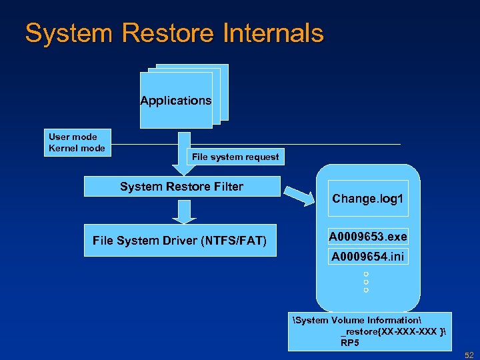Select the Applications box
coord(176,101)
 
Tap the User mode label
coord(73,137)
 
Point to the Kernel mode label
coord(77,148)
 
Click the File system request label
coord(235,157)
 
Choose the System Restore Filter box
coord(181,187)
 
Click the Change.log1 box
coord(368,199)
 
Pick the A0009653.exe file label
coord(368,237)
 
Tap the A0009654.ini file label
coord(368,256)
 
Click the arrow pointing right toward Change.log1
coord(299,195)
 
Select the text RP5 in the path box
coord(350,343)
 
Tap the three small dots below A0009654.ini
coord(366,282)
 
